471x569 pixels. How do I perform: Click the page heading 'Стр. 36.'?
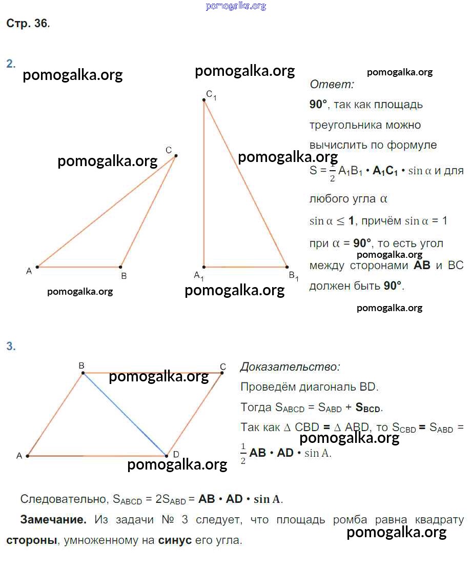28,23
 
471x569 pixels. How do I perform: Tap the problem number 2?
11,64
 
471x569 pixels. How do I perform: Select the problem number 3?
11,346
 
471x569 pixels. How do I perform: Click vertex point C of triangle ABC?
176,156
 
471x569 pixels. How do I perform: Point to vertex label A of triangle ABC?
29,271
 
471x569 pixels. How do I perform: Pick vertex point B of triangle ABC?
121,267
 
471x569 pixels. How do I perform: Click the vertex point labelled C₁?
204,100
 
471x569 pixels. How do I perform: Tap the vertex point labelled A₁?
204,267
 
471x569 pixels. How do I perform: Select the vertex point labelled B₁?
287,267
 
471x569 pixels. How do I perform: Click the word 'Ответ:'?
332,84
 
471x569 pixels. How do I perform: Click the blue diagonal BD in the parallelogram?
125,414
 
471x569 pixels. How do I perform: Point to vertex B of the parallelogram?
83,373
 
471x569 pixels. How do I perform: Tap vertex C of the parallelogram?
222,373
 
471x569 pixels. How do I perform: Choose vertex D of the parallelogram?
167,456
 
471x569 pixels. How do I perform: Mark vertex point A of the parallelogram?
28,456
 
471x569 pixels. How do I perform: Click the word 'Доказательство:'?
290,367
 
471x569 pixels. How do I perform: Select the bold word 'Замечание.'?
53,520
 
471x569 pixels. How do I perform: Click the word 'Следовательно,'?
64,499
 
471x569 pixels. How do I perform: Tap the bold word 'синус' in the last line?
175,540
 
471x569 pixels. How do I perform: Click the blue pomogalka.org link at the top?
236,6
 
